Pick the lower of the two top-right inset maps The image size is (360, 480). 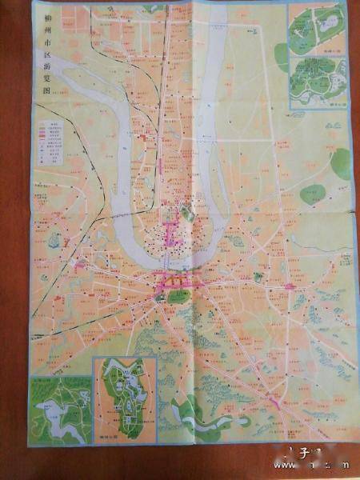point(318,79)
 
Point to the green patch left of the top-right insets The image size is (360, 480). point(281,56)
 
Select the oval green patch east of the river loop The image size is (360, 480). point(313,194)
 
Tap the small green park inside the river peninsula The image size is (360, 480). point(187,213)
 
